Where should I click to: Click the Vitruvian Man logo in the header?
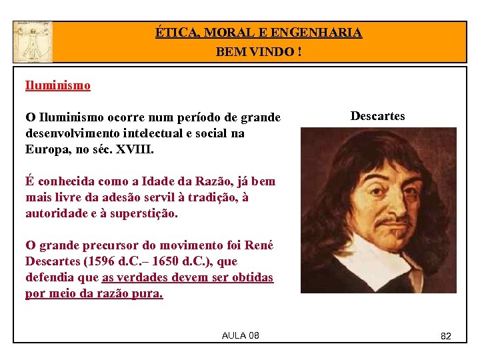point(32,41)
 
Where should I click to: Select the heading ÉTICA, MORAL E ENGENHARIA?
point(259,32)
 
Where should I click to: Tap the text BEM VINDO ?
point(259,51)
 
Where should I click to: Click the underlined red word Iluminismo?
point(58,85)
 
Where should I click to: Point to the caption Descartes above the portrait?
point(377,116)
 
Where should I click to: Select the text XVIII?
point(135,149)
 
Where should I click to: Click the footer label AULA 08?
point(240,335)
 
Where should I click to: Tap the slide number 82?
point(446,336)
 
